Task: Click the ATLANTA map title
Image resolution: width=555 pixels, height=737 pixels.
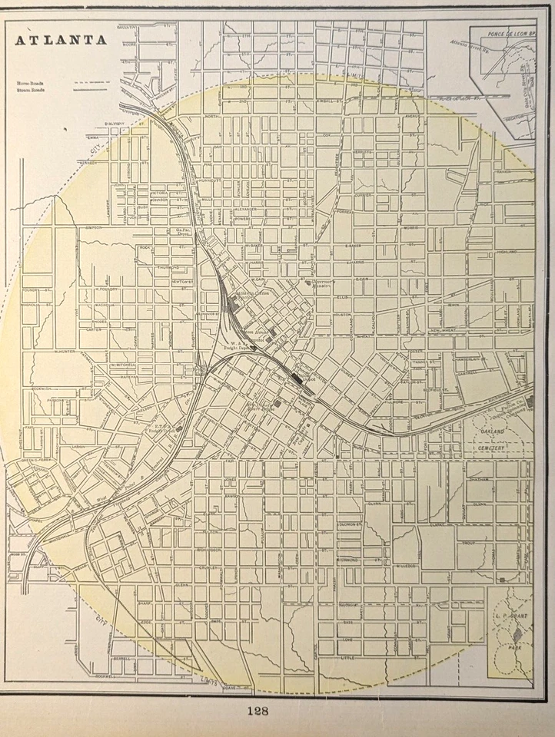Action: [61, 41]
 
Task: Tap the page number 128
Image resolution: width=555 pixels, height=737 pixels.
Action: [258, 710]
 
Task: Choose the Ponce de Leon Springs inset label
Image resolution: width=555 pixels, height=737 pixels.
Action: [500, 36]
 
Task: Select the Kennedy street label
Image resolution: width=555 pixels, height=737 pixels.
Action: [89, 162]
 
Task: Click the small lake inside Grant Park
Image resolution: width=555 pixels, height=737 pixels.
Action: [517, 634]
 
